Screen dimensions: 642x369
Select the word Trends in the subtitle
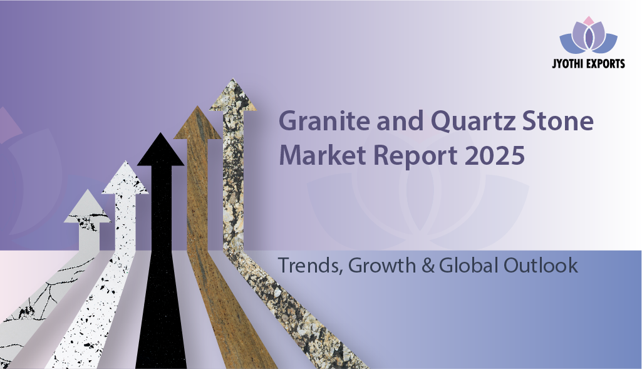[311, 266]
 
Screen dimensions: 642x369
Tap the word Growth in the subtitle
[382, 265]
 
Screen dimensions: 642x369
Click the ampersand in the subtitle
[428, 265]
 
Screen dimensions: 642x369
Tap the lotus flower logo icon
[588, 35]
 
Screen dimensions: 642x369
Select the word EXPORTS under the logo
[606, 63]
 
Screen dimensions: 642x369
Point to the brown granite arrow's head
[197, 122]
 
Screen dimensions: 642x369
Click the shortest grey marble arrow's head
[87, 206]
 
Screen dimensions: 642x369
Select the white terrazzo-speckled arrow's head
[125, 177]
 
